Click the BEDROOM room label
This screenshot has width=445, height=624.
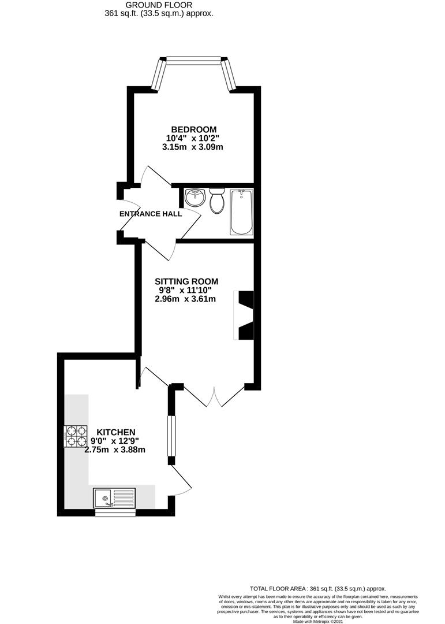tap(193, 129)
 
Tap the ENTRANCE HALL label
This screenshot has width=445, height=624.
tap(151, 214)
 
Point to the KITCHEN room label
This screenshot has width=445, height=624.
tap(115, 432)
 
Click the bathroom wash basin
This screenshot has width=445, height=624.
tap(195, 198)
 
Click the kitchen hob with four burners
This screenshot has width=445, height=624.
tap(74, 436)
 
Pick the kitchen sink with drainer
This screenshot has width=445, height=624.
tap(114, 497)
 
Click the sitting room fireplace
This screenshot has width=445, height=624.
tap(244, 315)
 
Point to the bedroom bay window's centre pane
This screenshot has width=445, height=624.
tap(193, 58)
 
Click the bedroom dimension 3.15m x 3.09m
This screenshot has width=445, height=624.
tap(193, 147)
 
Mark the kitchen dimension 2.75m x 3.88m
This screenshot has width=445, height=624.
tap(115, 450)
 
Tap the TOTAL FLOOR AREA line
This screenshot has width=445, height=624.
tap(317, 588)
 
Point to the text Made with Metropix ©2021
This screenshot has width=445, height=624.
tap(317, 621)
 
